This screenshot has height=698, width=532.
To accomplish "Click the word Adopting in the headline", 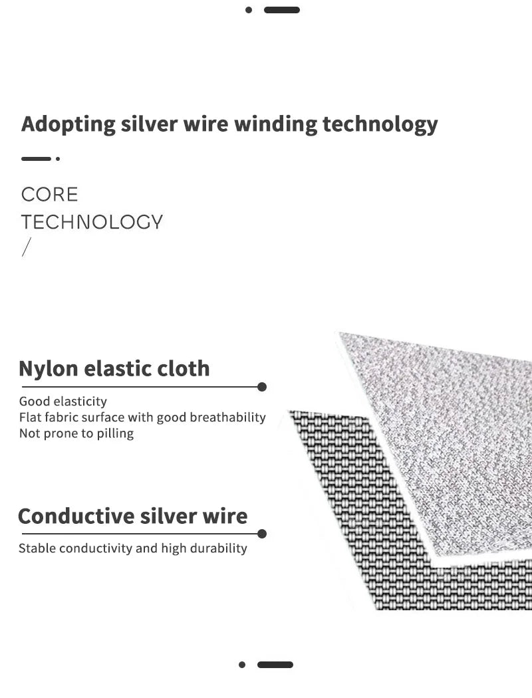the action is pyautogui.click(x=68, y=124).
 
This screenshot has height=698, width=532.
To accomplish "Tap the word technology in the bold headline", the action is pyautogui.click(x=380, y=124).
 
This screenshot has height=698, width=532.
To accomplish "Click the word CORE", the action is pyautogui.click(x=49, y=195).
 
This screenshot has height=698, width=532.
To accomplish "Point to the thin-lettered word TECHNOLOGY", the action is pyautogui.click(x=92, y=222).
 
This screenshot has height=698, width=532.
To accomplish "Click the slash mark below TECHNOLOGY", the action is pyautogui.click(x=27, y=247).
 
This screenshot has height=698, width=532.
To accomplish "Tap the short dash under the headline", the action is pyautogui.click(x=36, y=158).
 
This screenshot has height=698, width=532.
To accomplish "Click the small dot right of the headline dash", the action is pyautogui.click(x=58, y=158).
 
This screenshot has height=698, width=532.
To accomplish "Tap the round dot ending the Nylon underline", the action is pyautogui.click(x=262, y=387).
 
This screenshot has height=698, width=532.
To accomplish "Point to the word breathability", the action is pyautogui.click(x=228, y=417).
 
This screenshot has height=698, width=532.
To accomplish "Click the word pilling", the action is pyautogui.click(x=115, y=433).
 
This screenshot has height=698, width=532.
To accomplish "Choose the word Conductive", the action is pyautogui.click(x=76, y=517).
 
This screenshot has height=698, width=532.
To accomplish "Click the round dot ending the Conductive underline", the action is pyautogui.click(x=262, y=534).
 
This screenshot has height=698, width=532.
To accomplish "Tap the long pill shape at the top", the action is pyautogui.click(x=282, y=10).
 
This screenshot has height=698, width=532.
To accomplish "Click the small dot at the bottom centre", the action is pyautogui.click(x=242, y=665).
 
